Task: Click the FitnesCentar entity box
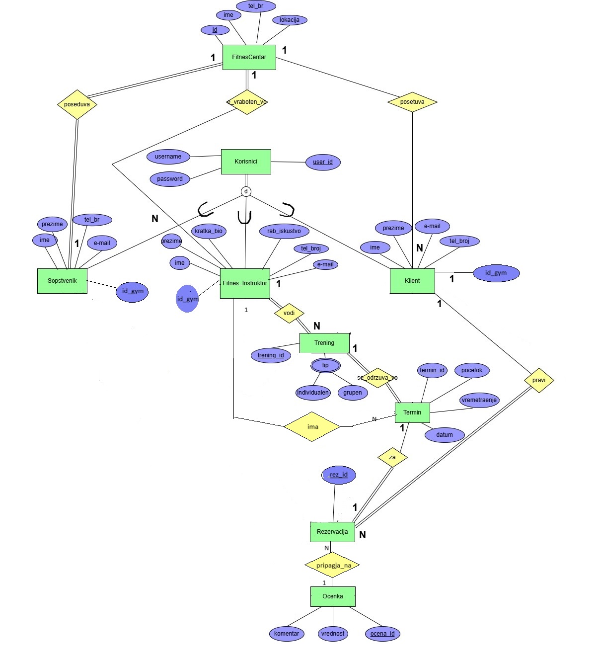[249, 57]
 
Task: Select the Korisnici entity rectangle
[246, 162]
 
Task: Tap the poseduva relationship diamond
[77, 104]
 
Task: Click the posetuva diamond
[412, 102]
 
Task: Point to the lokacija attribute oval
[290, 20]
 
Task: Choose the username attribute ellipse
[168, 157]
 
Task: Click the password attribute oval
[170, 179]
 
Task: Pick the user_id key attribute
[323, 162]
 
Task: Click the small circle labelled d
[246, 191]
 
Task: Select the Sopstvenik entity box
[62, 281]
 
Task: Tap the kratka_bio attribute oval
[209, 231]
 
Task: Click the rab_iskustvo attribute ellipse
[284, 231]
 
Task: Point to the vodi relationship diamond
[289, 313]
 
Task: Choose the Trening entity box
[324, 343]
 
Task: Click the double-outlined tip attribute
[325, 365]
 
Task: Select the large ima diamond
[312, 426]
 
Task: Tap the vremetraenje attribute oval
[479, 400]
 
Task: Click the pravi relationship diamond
[539, 380]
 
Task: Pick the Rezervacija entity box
[332, 532]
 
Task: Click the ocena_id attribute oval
[382, 634]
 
